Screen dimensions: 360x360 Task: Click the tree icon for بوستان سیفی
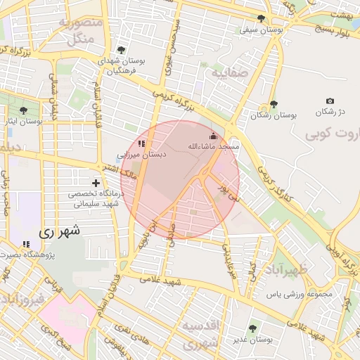(262, 18)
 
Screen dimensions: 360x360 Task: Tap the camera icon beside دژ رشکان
(330, 101)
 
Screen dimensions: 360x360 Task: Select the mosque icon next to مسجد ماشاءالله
(214, 136)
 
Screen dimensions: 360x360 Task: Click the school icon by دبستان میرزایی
(141, 143)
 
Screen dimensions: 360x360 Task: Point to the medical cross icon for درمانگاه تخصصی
(96, 183)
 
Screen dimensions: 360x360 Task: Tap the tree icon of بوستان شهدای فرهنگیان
(122, 50)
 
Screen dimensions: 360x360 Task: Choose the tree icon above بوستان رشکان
(274, 104)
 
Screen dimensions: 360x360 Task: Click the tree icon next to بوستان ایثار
(24, 110)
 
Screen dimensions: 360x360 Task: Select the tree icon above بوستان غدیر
(253, 328)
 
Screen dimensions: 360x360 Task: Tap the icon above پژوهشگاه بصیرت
(27, 244)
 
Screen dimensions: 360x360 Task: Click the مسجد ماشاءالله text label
(213, 146)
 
